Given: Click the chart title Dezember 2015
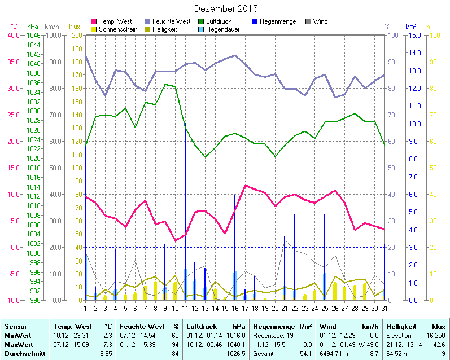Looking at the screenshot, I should click(226, 8).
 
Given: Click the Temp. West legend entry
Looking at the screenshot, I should click(115, 21).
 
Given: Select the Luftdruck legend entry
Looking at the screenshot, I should click(219, 21).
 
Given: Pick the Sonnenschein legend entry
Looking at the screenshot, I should click(118, 29).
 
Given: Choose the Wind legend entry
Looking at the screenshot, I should click(320, 21).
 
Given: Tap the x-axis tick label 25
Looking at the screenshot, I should click(325, 308).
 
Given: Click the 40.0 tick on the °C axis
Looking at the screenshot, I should click(12, 35).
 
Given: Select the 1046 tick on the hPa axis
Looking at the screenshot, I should click(34, 35).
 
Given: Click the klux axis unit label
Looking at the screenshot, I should click(75, 27).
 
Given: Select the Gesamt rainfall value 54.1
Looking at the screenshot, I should click(305, 353).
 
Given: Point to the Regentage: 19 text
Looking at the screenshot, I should click(273, 335).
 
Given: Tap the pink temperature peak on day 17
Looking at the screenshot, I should click(245, 186).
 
